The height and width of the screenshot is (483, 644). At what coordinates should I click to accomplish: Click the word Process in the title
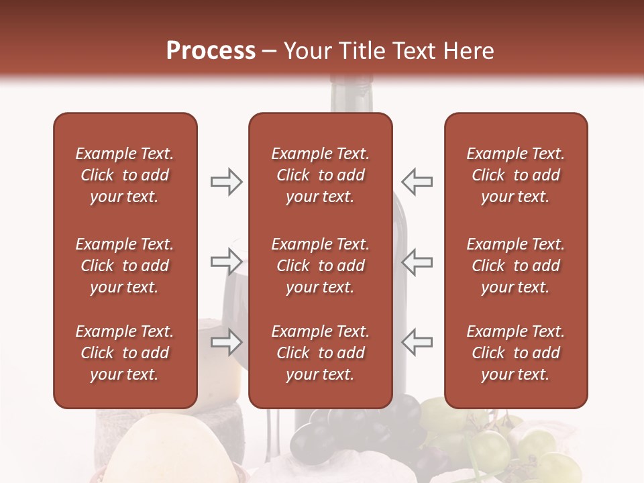(211, 51)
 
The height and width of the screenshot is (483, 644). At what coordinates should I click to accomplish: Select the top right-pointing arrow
(226, 182)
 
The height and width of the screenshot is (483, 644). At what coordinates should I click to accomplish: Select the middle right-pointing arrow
(226, 261)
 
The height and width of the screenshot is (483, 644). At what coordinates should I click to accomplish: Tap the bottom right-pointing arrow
(226, 342)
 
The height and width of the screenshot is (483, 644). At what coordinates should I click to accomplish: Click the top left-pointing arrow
(417, 182)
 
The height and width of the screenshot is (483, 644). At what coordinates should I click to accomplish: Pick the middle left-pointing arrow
(417, 261)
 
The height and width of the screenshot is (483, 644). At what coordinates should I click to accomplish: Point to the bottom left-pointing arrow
(417, 342)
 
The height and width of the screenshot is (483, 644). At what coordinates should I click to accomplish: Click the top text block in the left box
(125, 175)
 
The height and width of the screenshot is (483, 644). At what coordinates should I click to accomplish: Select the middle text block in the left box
(125, 266)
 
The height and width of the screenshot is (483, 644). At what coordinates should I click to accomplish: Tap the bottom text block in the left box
(125, 353)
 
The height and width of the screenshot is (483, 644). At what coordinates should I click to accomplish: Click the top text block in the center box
(320, 175)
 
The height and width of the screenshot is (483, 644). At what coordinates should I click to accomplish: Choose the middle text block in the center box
(320, 266)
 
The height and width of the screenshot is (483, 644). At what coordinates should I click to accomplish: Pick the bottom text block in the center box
(320, 353)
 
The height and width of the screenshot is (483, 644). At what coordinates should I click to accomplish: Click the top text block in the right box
(515, 175)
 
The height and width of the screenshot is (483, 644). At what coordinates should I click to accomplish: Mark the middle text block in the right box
(515, 266)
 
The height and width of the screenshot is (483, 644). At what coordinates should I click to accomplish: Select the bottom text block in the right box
(515, 353)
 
